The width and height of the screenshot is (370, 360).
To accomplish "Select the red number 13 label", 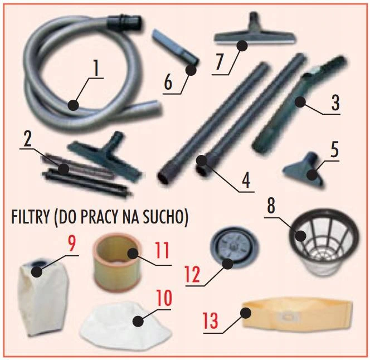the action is pos(211,319).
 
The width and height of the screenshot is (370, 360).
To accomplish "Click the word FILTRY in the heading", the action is pos(30,217).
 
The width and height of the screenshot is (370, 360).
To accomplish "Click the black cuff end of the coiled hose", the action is pos(125,21).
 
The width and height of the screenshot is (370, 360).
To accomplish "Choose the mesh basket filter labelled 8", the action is pos(324,247).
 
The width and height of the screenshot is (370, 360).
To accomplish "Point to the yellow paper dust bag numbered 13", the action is pos(298,313).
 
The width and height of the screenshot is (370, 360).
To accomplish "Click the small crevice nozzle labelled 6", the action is pos(175,47).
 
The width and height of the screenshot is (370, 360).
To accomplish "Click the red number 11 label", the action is pos(162,250).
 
